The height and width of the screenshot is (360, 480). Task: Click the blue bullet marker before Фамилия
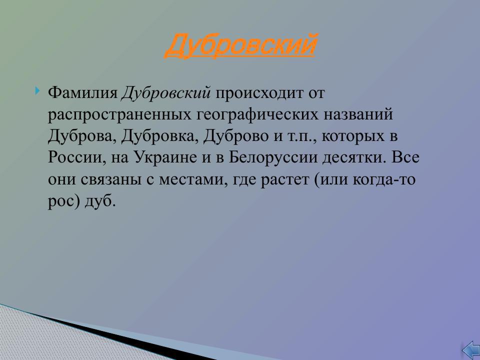38,91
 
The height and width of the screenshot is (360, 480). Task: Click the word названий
360,114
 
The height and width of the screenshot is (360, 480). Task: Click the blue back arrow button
470,350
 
